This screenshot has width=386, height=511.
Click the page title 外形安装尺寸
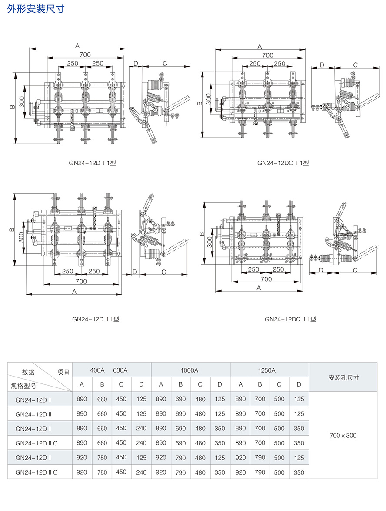pyautogui.click(x=36, y=9)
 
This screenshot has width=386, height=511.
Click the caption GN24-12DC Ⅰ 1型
pyautogui.click(x=283, y=163)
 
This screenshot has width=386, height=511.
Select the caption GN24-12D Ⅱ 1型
pyautogui.click(x=96, y=319)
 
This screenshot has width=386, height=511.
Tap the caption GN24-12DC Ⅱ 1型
pyautogui.click(x=290, y=319)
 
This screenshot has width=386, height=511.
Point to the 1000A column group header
pyautogui.click(x=190, y=370)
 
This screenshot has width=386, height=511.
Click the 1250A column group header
pyautogui.click(x=267, y=370)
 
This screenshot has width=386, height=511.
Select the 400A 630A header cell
pyautogui.click(x=109, y=370)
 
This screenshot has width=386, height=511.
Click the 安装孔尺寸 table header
pyautogui.click(x=343, y=378)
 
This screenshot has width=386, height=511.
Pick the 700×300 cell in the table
pyautogui.click(x=343, y=436)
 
